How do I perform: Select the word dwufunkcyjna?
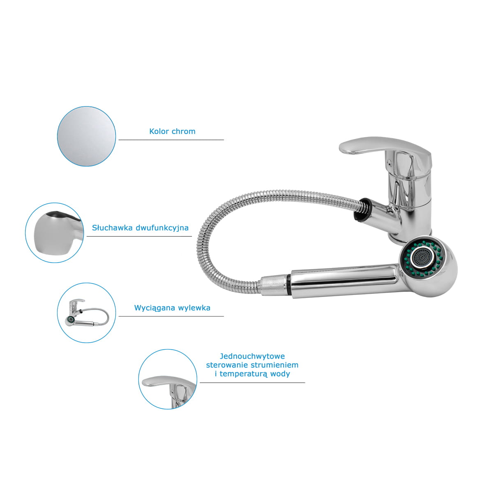162,228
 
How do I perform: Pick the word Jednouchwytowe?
252,356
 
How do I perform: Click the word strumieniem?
275,365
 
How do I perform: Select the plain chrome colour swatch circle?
86,136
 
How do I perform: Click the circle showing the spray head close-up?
55,233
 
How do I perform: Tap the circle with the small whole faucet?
86,313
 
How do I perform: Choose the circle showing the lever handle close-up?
168,379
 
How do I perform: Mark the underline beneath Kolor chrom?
171,140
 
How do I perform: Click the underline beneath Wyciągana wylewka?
171,316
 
